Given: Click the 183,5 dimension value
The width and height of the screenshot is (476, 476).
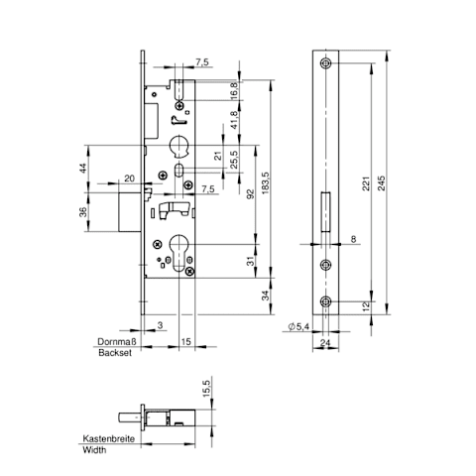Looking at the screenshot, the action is (x=266, y=182).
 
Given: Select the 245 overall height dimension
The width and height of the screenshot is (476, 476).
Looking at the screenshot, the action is (x=381, y=182).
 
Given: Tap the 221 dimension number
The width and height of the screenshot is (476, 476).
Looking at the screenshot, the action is (x=366, y=182).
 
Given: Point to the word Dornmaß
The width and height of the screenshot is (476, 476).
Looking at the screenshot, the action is (x=117, y=341).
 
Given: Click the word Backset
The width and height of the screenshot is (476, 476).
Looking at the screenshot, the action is (x=115, y=353).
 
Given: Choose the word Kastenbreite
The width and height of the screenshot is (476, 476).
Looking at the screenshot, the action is (x=109, y=438).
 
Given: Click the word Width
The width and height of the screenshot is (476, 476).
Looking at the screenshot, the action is (x=94, y=450).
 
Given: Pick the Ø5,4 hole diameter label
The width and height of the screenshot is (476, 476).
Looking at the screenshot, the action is (x=298, y=327).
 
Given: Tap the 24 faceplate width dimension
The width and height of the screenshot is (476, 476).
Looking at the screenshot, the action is (x=325, y=343).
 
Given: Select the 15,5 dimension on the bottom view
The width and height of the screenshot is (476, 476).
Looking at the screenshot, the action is (x=205, y=388).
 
